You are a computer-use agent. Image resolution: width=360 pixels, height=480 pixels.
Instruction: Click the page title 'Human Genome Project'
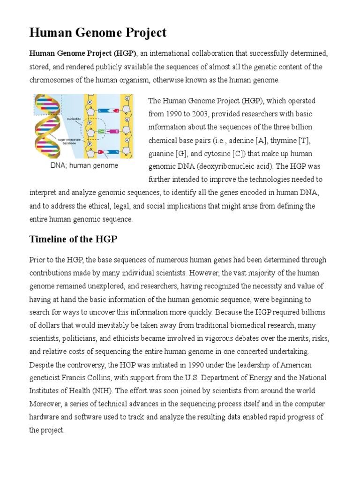[x=97, y=33]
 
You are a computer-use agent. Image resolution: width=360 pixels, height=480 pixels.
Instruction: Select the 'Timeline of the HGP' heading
[x=73, y=240]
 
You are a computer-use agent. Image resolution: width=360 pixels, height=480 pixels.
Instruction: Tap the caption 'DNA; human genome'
[x=84, y=165]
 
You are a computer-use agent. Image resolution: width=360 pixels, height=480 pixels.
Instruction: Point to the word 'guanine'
[x=161, y=154]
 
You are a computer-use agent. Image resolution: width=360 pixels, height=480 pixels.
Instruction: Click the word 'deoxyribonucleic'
[x=224, y=167]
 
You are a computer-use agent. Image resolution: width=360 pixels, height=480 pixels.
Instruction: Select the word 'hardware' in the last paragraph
[x=44, y=417]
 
